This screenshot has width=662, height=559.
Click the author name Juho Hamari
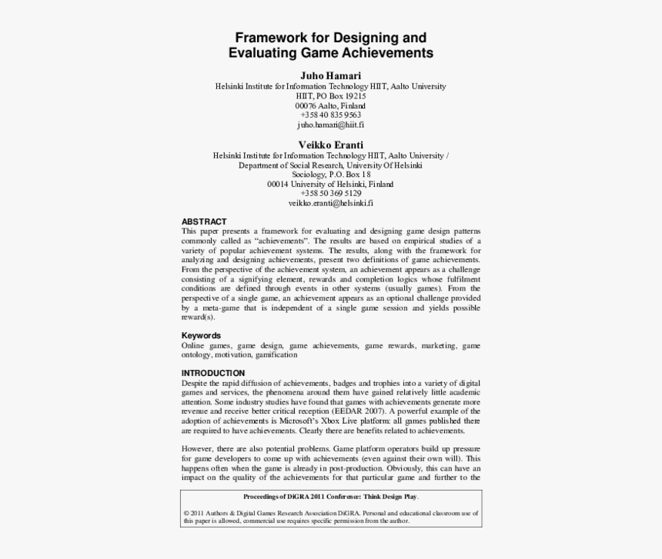pos(330,75)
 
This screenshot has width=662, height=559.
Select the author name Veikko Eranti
pos(330,145)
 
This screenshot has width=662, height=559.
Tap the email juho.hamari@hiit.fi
pos(330,124)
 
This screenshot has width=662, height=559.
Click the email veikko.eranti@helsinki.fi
pos(330,203)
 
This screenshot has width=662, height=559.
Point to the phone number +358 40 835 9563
pos(330,115)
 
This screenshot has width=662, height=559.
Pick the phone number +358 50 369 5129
pos(330,194)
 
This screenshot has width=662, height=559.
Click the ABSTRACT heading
pos(204,221)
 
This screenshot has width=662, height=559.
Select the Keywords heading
pos(201,335)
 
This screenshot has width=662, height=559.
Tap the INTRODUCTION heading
pos(213,373)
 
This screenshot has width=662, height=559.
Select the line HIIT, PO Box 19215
pos(330,96)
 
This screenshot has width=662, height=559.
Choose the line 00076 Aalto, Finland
pos(330,105)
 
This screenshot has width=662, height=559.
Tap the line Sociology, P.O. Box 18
pos(330,175)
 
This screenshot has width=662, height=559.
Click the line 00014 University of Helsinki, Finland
pos(330,185)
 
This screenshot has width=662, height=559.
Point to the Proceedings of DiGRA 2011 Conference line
pos(331,497)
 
